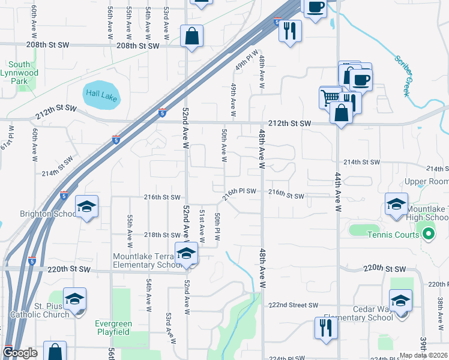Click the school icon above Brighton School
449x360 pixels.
(87, 207)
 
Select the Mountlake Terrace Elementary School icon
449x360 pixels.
(186, 253)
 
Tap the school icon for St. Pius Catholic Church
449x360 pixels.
(74, 299)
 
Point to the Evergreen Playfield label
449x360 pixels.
(113, 328)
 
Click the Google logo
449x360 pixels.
(20, 353)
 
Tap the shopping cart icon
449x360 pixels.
(330, 98)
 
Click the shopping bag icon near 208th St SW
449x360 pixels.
(191, 36)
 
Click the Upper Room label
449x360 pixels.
(427, 181)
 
